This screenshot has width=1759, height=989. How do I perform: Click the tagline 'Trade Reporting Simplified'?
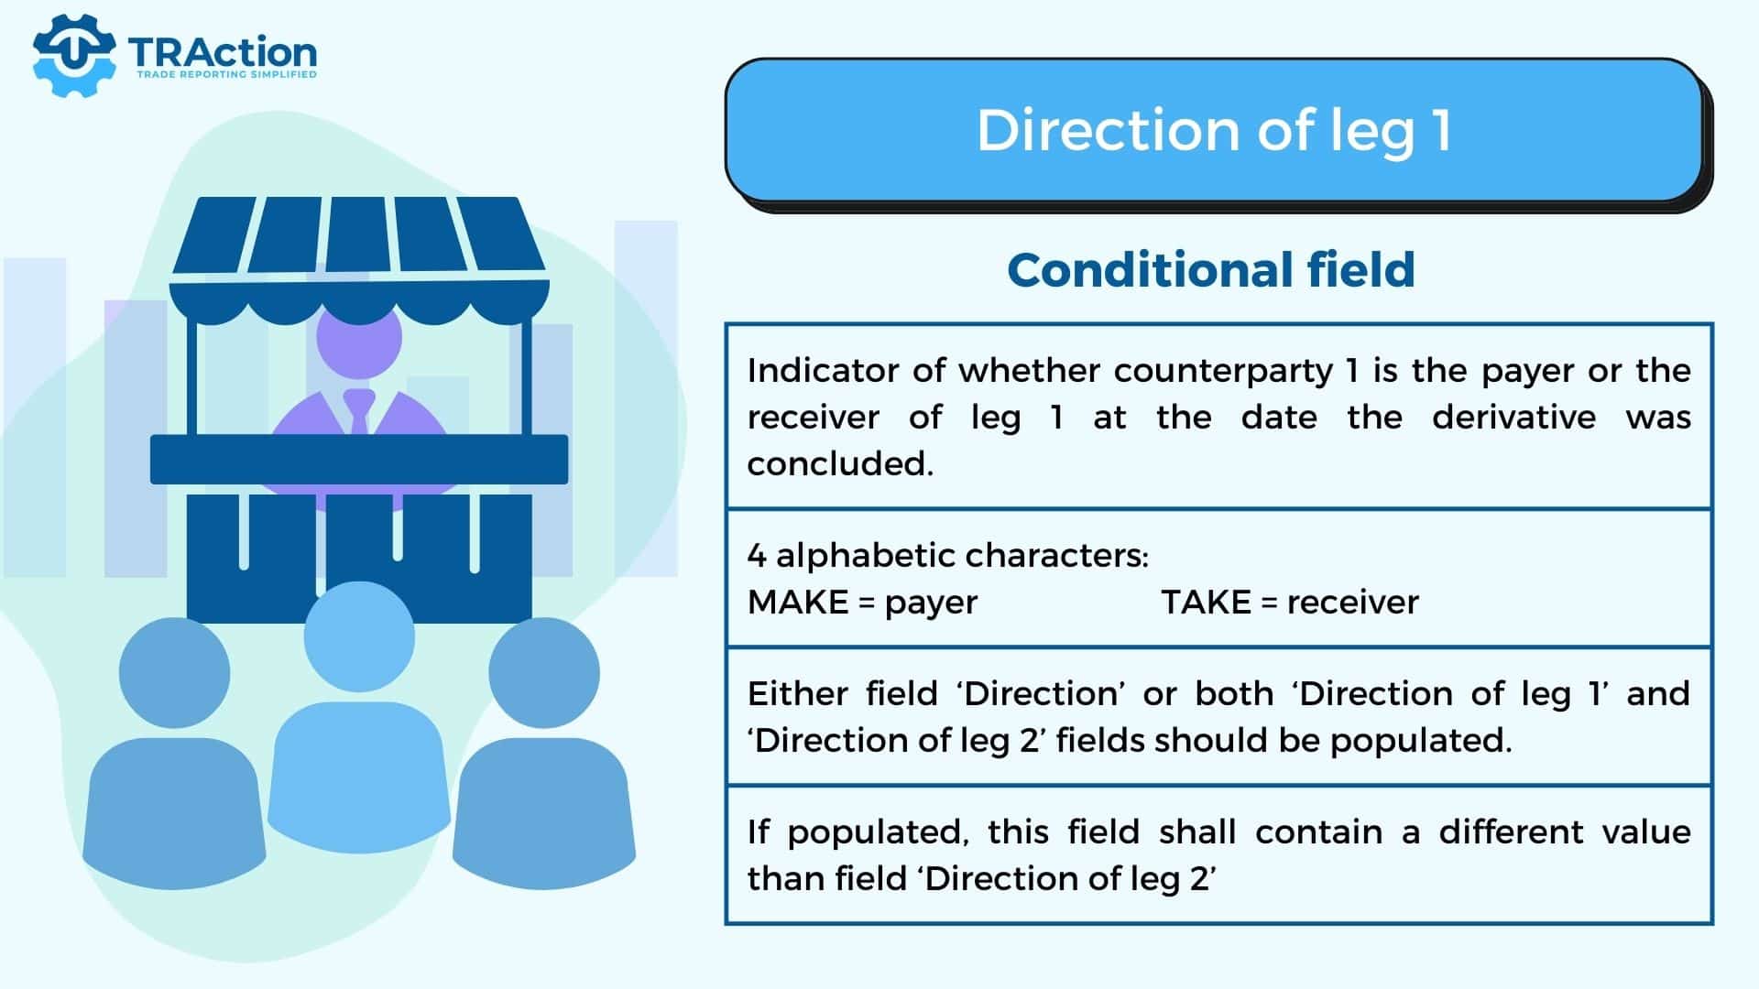tap(226, 74)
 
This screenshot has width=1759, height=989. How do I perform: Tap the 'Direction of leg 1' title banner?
tap(1214, 130)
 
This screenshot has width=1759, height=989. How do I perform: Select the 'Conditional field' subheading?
tap(1211, 270)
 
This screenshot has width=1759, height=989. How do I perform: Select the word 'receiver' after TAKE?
tap(1352, 602)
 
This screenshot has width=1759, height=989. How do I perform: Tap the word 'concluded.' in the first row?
tap(840, 463)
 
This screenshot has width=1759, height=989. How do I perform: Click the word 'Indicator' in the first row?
tap(822, 370)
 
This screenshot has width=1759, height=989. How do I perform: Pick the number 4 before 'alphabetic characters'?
tap(757, 555)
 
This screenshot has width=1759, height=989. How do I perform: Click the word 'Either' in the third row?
tap(796, 693)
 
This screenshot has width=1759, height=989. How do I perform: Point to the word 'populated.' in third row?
tap(1421, 741)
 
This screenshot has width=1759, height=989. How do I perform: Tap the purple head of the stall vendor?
tap(359, 337)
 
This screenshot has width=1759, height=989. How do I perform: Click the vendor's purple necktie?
tap(358, 411)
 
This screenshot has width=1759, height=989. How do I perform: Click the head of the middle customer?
tap(359, 636)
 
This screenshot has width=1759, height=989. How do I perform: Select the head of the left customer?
tap(174, 673)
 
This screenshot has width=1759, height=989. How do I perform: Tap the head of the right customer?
tap(544, 673)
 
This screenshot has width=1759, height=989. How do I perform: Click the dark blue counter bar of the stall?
tap(359, 460)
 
